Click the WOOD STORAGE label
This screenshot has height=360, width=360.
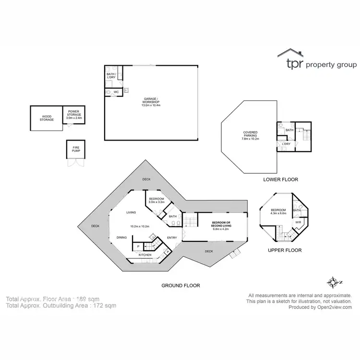point(47,118)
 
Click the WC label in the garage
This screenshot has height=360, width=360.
point(116,92)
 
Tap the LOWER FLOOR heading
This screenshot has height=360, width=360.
point(280,180)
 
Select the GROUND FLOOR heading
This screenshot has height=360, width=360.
point(180,285)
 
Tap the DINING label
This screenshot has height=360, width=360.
point(122,238)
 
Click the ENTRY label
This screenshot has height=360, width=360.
point(171,238)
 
